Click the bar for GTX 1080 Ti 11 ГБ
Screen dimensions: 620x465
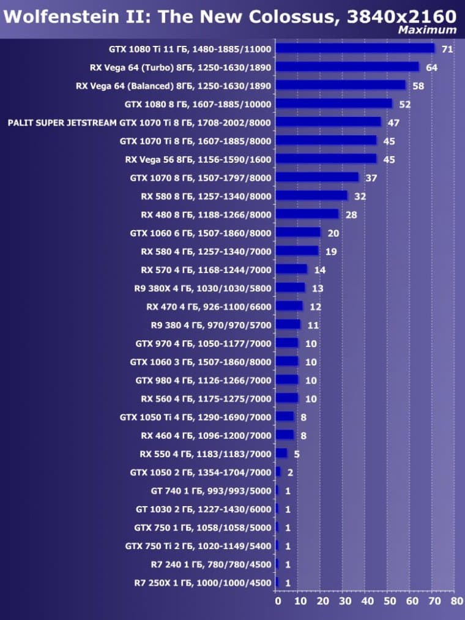click(x=355, y=48)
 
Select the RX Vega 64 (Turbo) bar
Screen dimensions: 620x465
click(x=347, y=67)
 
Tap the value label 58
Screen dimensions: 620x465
click(x=418, y=86)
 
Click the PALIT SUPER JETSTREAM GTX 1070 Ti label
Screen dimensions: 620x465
click(x=139, y=122)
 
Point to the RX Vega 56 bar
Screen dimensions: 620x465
click(x=325, y=159)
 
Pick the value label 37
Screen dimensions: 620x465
click(x=371, y=177)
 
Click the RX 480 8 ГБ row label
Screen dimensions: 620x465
click(x=206, y=214)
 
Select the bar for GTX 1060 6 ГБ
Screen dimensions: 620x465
click(x=297, y=233)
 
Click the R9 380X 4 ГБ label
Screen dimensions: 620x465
click(x=203, y=288)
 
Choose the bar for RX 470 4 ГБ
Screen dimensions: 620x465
click(x=289, y=306)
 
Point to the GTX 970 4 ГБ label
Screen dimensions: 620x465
click(x=203, y=343)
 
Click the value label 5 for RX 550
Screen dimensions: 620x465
click(x=297, y=454)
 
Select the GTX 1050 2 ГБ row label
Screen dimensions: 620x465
click(x=201, y=472)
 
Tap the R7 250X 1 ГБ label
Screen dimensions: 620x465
click(x=203, y=583)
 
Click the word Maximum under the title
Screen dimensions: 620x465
click(x=427, y=29)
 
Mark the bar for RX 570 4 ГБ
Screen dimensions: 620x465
click(x=291, y=269)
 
